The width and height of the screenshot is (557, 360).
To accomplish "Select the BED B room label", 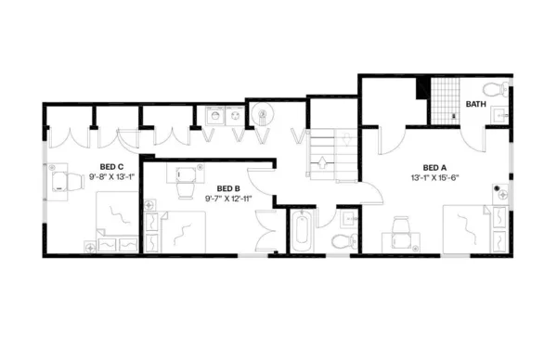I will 228,188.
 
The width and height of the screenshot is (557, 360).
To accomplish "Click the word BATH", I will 475,104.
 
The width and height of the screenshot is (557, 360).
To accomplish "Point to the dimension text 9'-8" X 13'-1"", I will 112,176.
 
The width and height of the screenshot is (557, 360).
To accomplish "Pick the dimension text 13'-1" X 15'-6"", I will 435,177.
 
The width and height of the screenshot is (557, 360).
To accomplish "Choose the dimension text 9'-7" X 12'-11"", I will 228,198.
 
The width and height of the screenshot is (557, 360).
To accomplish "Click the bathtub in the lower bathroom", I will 304,232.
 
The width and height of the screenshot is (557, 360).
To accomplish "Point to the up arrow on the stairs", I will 321,161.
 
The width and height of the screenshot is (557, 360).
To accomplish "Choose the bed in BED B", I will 184,232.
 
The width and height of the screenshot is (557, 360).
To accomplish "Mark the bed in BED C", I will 114,218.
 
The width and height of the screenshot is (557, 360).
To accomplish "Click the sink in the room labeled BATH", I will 499,115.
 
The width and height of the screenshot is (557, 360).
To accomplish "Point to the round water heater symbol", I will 266,116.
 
